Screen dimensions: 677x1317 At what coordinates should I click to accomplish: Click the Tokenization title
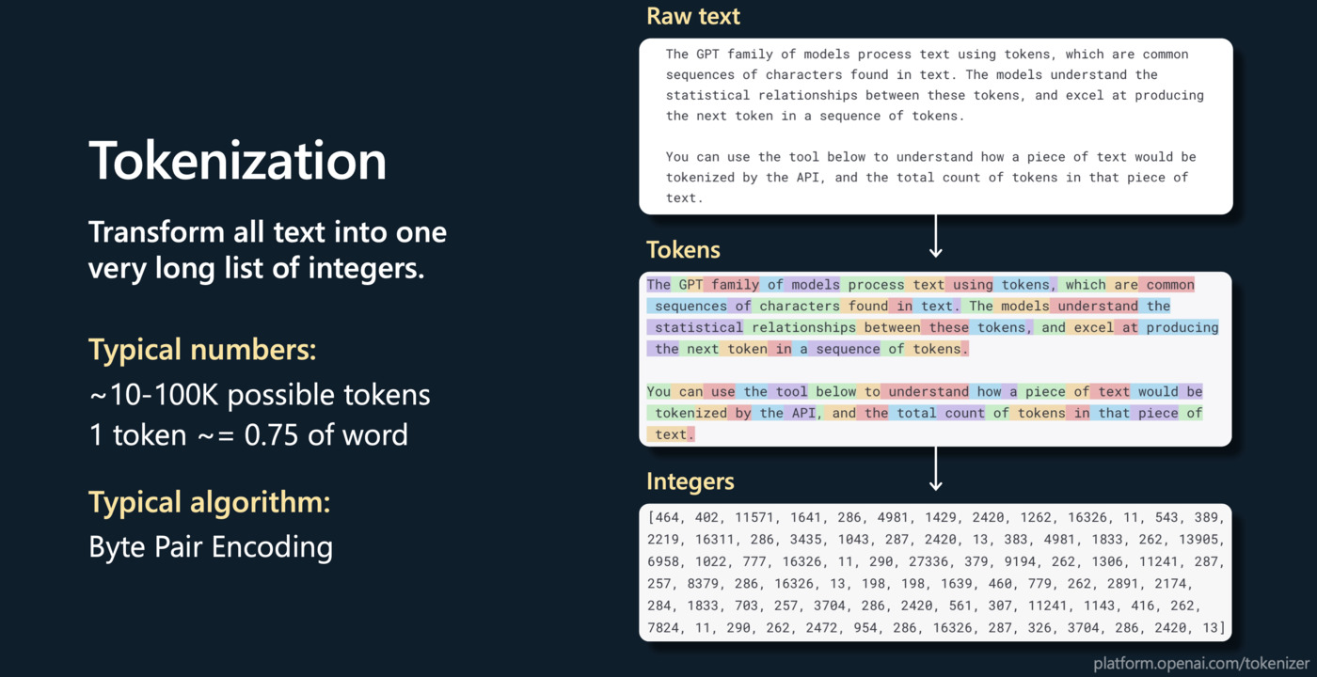pos(237,162)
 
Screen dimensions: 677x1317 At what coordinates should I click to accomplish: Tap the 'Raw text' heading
pos(693,17)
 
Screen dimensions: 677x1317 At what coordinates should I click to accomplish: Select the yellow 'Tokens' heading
pos(683,250)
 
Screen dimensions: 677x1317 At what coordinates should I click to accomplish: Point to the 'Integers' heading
pos(690,482)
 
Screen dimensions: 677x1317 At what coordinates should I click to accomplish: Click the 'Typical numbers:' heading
pos(202,351)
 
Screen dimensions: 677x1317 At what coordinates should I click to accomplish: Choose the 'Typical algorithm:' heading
pos(210,502)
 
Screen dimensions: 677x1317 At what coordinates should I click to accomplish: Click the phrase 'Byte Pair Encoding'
pos(211,547)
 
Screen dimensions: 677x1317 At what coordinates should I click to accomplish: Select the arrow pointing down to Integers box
pos(935,469)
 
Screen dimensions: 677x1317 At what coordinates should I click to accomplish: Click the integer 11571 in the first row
pos(749,518)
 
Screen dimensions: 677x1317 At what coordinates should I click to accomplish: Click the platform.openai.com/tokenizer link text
pos(1201,663)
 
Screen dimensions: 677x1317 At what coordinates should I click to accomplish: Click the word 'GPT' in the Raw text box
pos(712,55)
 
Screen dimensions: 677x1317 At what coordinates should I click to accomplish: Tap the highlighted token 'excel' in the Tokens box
pos(1092,328)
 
